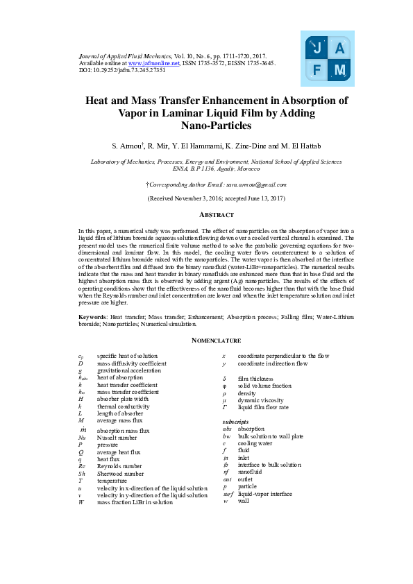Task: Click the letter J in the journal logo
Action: click(x=317, y=49)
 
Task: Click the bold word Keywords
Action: click(x=91, y=317)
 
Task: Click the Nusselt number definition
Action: click(x=116, y=438)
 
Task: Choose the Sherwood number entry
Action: click(x=121, y=474)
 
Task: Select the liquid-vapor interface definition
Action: click(x=264, y=494)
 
